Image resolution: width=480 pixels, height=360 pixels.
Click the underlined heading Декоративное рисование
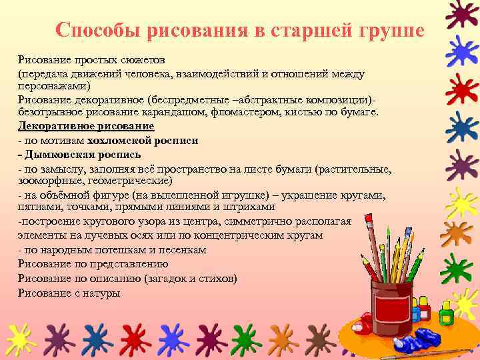[x=86, y=125]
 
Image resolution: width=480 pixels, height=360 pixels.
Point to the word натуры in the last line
[x=103, y=291]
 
